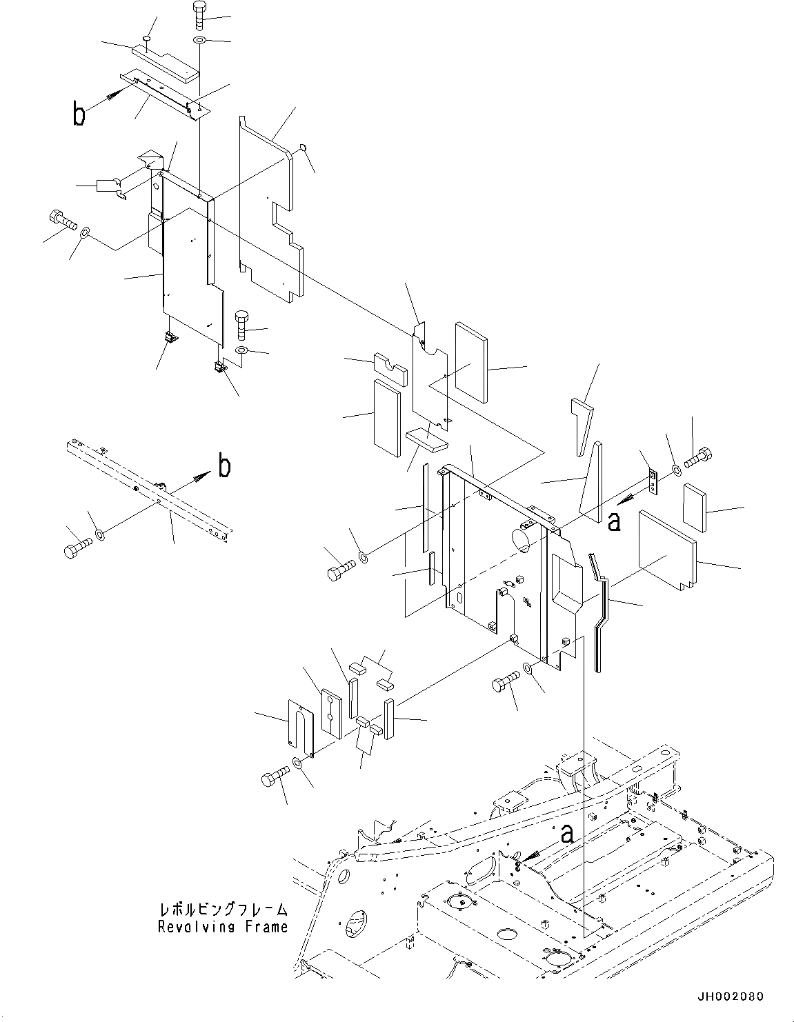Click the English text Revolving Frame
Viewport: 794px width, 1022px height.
click(222, 927)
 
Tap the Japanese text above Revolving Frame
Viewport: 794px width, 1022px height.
click(222, 910)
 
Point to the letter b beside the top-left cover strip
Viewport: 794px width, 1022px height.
click(80, 114)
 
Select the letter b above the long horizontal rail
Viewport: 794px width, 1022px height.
click(224, 467)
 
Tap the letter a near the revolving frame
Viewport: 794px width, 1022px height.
click(567, 834)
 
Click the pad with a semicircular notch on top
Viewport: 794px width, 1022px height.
click(390, 368)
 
